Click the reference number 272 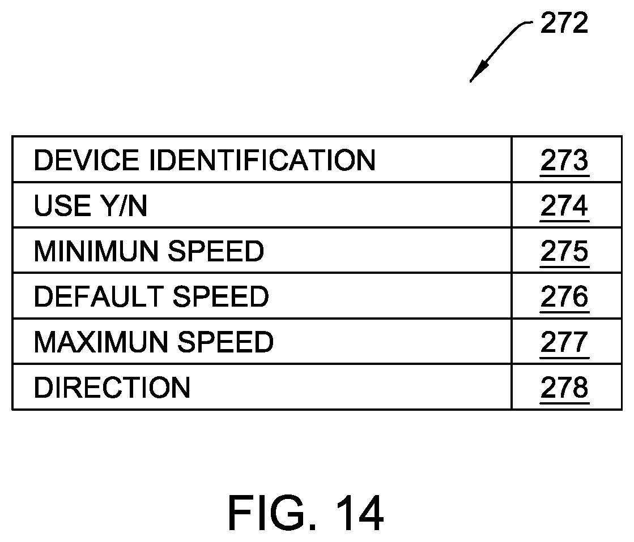pos(564,23)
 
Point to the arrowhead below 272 pos(478,71)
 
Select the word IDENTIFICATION pos(263,160)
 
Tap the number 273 pos(564,160)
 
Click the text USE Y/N pos(91,205)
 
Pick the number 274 pos(564,206)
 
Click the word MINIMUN pos(96,251)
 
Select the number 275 pos(564,252)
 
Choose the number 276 pos(564,297)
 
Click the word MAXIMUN pos(101,342)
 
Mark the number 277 pos(564,342)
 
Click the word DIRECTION pos(112,388)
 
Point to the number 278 pos(564,388)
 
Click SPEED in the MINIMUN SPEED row pos(216,251)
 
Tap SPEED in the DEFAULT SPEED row pos(221,296)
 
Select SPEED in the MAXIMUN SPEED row pos(225,342)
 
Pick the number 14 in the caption pos(359,513)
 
